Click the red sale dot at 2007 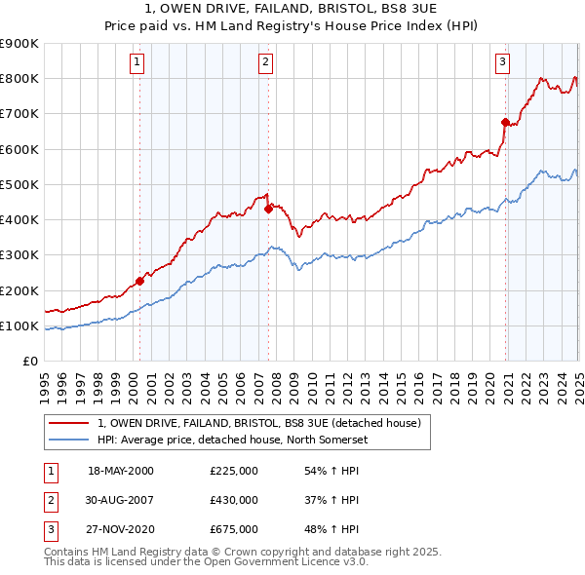click(268, 209)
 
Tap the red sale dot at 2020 click(505, 122)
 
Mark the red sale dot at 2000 click(139, 281)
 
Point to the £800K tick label click(19, 79)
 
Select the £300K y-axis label click(19, 255)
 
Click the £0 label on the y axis click(30, 362)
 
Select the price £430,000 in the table click(234, 500)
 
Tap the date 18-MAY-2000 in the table click(121, 471)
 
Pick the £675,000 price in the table click(234, 529)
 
